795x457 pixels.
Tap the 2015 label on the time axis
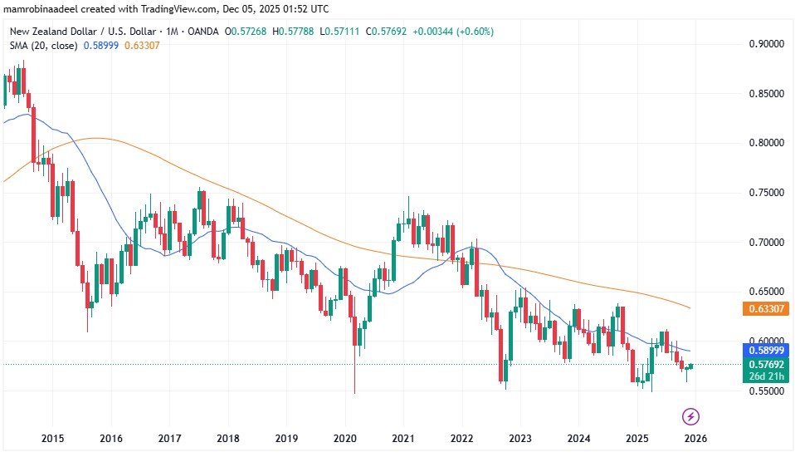52,438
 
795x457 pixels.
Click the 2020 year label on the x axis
344,438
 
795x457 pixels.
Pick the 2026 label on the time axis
695,438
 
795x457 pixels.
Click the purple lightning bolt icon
690,415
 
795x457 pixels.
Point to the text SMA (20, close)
43,45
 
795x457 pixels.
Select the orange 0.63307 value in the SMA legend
142,45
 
